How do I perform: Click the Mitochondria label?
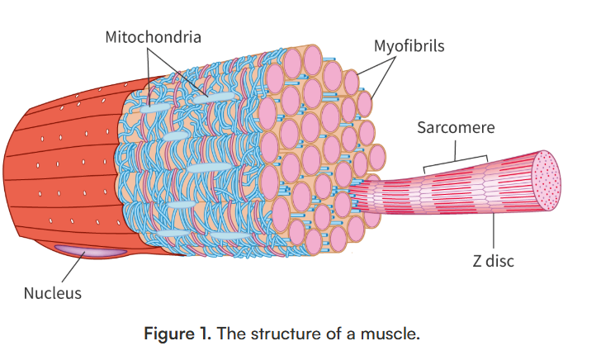point(153,37)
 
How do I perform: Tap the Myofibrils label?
point(409,45)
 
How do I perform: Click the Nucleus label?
point(53,292)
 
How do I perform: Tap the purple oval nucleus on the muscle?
point(91,249)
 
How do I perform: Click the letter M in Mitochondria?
point(111,37)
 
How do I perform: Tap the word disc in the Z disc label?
point(499,262)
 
